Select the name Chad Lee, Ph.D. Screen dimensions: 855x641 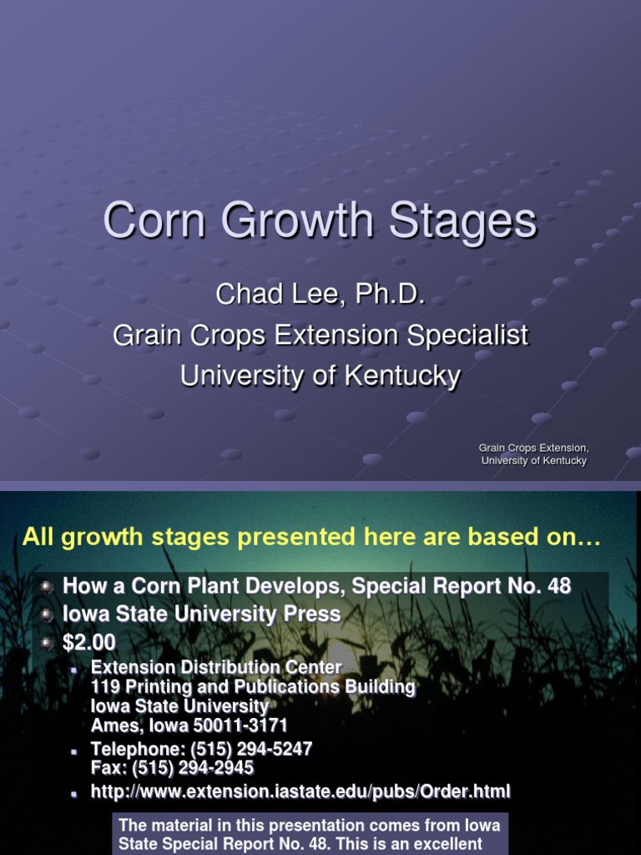(x=320, y=294)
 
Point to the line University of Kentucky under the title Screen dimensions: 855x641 (x=320, y=376)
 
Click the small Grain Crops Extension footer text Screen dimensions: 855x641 (x=534, y=448)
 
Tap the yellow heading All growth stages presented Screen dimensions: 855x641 (x=311, y=537)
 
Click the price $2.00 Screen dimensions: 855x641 (x=89, y=643)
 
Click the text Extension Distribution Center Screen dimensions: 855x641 (x=216, y=668)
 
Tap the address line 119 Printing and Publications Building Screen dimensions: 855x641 (x=253, y=687)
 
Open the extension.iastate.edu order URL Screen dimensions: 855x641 (x=300, y=791)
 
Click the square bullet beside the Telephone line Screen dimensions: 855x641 (x=75, y=751)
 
